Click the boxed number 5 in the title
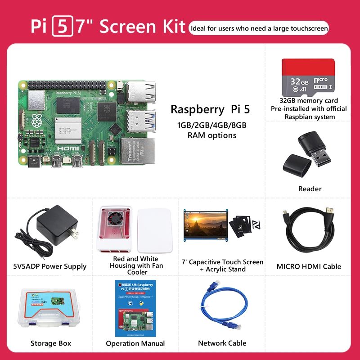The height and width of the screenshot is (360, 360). (62, 27)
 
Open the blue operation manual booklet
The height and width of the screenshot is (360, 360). (135, 308)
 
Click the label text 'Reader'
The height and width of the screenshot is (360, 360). (310, 189)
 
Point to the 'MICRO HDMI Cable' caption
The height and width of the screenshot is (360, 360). (309, 266)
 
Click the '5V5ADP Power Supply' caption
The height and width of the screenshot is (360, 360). (50, 266)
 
